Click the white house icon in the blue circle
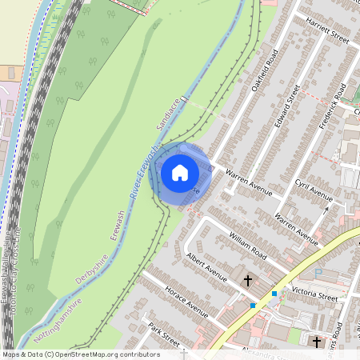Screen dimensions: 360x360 pyautogui.click(x=180, y=172)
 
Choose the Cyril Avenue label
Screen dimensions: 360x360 pyautogui.click(x=313, y=194)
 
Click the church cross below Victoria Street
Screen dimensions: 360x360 pyautogui.click(x=316, y=342)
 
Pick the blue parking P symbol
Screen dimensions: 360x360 pyautogui.click(x=319, y=273)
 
